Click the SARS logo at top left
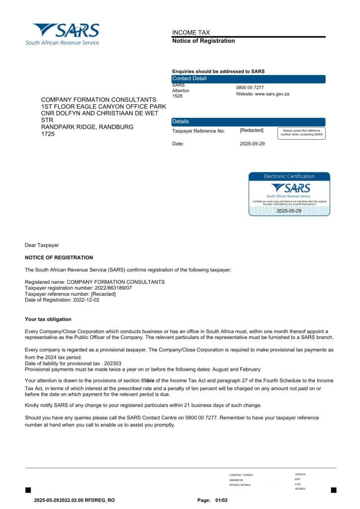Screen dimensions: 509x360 (x=63, y=34)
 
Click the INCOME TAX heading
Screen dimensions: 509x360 (x=191, y=32)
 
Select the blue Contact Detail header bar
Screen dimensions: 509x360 (x=248, y=79)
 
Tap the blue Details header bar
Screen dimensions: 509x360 (x=248, y=122)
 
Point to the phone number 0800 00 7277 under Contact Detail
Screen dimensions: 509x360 (x=250, y=87)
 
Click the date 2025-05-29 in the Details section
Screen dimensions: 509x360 (x=252, y=144)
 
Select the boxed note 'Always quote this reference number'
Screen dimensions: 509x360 (x=301, y=133)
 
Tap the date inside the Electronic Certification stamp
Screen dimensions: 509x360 (x=289, y=211)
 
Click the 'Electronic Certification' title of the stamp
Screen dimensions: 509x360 (x=289, y=176)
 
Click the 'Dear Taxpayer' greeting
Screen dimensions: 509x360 (x=42, y=245)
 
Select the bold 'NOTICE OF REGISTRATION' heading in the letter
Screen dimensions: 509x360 (x=59, y=257)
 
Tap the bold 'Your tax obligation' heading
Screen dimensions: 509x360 (x=48, y=319)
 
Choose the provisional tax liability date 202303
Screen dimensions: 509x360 (x=111, y=363)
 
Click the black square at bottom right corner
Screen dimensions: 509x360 (x=333, y=490)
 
